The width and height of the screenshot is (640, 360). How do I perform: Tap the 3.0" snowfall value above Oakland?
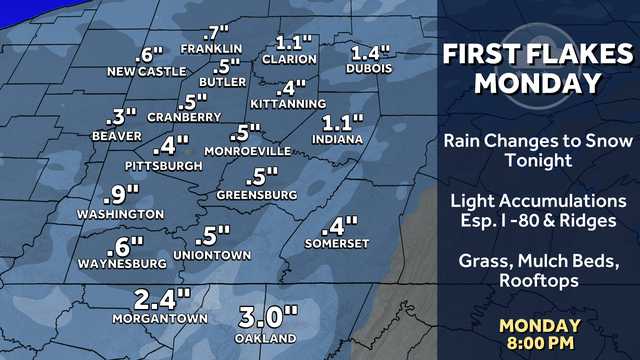(270, 319)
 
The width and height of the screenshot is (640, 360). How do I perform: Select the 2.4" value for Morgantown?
(162, 299)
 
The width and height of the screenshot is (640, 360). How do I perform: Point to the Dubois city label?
(369, 69)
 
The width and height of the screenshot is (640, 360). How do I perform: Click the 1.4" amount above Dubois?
(369, 52)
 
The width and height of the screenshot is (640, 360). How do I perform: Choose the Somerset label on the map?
(337, 243)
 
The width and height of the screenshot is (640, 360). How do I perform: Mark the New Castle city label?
(147, 71)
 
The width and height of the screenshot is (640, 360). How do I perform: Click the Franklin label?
(212, 48)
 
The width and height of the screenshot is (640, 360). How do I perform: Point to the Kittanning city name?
(290, 103)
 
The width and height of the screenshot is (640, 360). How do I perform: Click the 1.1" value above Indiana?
(342, 123)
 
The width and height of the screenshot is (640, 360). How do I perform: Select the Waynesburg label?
(122, 264)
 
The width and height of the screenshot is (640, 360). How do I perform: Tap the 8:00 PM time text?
(540, 343)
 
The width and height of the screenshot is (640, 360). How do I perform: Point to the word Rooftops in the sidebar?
(539, 281)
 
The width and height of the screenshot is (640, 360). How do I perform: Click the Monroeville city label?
(247, 150)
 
